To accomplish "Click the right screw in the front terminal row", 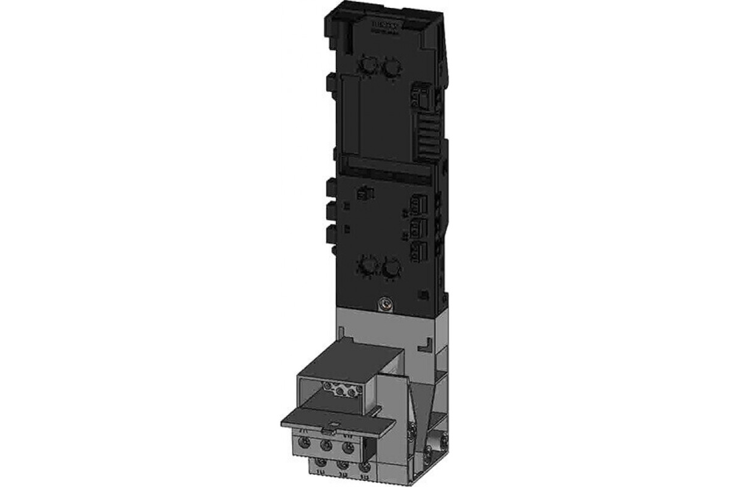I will tap(347, 447).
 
